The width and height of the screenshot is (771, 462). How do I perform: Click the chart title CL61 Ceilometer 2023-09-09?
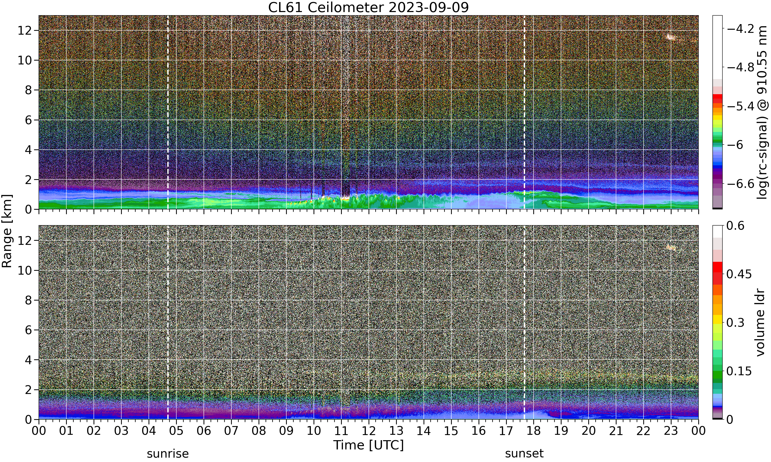point(368,7)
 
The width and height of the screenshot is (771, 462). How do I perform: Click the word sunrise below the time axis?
point(168,454)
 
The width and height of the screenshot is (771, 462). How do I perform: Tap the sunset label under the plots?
point(524,454)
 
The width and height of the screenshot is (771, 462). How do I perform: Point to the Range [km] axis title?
point(7,231)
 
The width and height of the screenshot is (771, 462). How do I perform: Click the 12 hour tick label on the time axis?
point(369,431)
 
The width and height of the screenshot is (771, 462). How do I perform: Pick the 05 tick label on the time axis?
point(176,431)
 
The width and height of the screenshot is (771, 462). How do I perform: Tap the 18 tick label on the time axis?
point(534,431)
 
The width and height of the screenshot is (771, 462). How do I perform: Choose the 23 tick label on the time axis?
point(671,431)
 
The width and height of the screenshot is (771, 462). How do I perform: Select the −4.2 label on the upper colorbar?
point(740,29)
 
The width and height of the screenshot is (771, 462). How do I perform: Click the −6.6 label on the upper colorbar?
point(740,184)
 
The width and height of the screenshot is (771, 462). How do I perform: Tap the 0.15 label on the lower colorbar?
point(739,371)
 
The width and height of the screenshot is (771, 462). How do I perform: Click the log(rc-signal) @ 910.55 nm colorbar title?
point(762,112)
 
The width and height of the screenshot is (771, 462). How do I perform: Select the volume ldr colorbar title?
point(760,323)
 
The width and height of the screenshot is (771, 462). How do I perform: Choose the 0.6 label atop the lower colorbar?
point(735,226)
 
